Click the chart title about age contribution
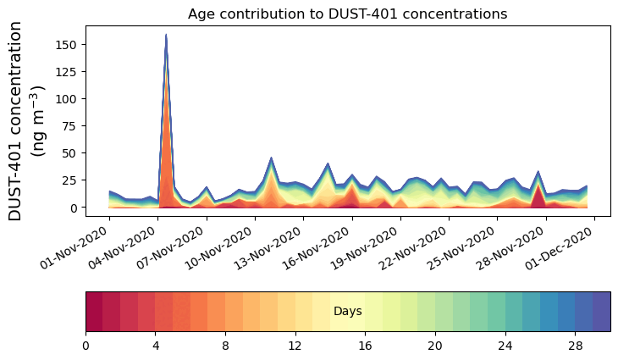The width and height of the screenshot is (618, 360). coord(347,14)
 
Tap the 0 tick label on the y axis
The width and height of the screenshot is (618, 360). coord(76,208)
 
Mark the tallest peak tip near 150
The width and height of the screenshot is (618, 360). coord(166,35)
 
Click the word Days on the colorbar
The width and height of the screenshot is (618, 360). coord(348,312)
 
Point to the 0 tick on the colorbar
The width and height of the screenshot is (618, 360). coord(86,346)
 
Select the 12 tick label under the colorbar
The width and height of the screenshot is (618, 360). coord(295,346)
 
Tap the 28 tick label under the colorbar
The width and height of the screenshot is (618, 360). coord(576,346)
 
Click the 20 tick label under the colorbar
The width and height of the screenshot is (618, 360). coord(435,346)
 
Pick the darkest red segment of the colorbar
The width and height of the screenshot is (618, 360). coord(94,311)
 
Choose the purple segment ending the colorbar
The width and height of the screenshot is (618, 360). coord(601,311)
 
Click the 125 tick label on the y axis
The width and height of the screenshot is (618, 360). coord(69,71)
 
